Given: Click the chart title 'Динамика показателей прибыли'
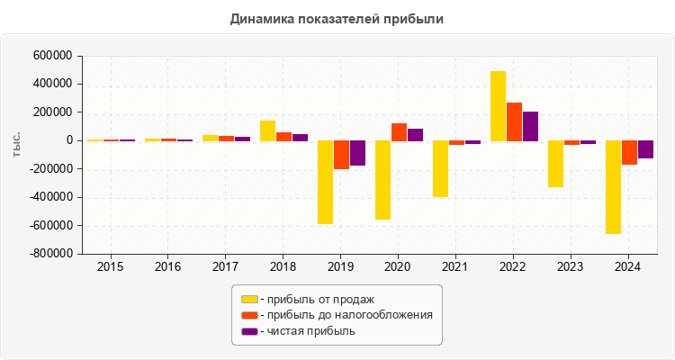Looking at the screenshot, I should pyautogui.click(x=337, y=18).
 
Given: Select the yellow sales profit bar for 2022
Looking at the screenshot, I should pyautogui.click(x=498, y=105).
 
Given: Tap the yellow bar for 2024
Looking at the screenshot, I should pyautogui.click(x=613, y=186).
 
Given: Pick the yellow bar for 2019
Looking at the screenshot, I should pyautogui.click(x=325, y=182).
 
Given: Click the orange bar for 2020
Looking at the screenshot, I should pyautogui.click(x=399, y=132).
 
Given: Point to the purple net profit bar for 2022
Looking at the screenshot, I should pyautogui.click(x=530, y=126).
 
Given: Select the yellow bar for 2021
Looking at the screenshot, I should pyautogui.click(x=440, y=168).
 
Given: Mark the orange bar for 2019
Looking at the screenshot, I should pyautogui.click(x=341, y=155).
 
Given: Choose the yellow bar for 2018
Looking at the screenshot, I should pyautogui.click(x=267, y=130).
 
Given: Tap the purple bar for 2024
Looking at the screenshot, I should pyautogui.click(x=645, y=149).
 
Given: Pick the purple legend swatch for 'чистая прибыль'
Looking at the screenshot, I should pyautogui.click(x=249, y=331).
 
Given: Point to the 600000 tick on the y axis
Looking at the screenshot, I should pyautogui.click(x=52, y=56).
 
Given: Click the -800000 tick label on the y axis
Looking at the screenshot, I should pyautogui.click(x=49, y=254).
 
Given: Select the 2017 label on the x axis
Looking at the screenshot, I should pyautogui.click(x=226, y=267).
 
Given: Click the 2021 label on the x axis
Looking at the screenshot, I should pyautogui.click(x=456, y=267).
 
